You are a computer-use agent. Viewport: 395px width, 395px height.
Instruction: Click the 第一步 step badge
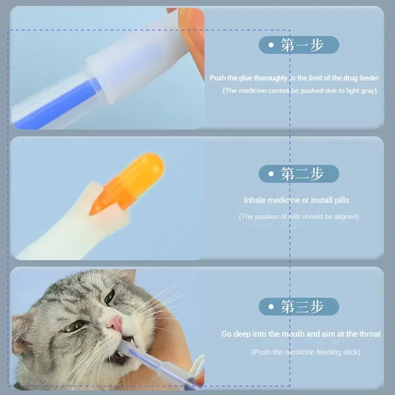(x=299, y=45)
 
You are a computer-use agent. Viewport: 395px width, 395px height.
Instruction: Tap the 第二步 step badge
(x=299, y=174)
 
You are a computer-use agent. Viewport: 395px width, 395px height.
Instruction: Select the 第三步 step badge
(x=299, y=307)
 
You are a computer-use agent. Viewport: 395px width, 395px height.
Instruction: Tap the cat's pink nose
(x=115, y=323)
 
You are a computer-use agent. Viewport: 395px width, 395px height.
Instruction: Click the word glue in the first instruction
(x=247, y=78)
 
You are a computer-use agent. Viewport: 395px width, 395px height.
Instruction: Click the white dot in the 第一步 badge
(x=271, y=45)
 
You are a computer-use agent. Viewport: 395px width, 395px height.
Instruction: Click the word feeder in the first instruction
(x=368, y=78)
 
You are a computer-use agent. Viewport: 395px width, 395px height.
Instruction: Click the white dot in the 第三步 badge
(x=271, y=307)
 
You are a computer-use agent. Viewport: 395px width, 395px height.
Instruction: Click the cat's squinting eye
(x=74, y=326)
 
